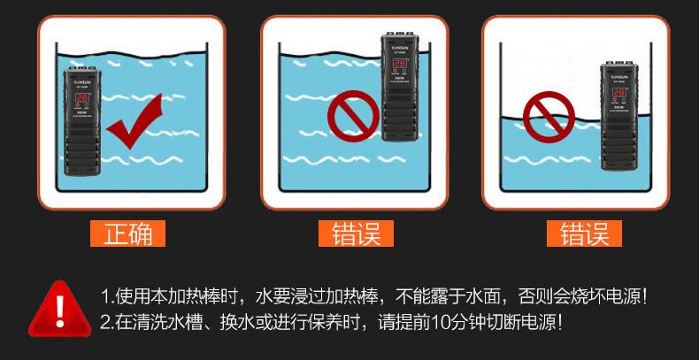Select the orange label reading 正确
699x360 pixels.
[129, 234]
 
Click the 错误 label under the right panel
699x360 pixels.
[584, 234]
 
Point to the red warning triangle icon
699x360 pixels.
[59, 308]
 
